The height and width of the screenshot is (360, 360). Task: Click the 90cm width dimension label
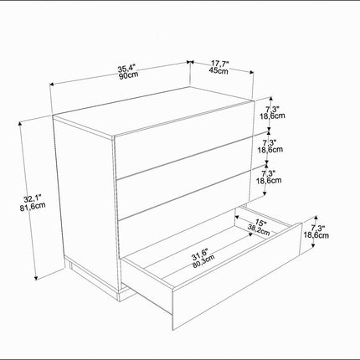point(129,75)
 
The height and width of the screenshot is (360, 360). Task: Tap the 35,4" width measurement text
point(126,69)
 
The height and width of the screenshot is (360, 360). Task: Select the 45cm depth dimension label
point(219,70)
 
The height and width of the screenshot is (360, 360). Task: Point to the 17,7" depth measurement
point(220,64)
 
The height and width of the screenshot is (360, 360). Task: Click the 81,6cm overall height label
point(33,206)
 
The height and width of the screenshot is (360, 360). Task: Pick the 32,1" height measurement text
point(32,199)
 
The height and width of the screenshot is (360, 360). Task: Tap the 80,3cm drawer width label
point(203,261)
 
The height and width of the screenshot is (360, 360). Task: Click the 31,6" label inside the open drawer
point(199,254)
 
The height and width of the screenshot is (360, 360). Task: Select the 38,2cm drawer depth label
point(259,230)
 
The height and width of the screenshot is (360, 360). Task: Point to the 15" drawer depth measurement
point(261,224)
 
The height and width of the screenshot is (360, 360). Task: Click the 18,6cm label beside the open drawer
point(316,235)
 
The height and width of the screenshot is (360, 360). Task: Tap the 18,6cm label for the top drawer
point(273,116)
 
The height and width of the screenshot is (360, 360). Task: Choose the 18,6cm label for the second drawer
point(270,150)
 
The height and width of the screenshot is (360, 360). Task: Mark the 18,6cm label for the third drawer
point(269,180)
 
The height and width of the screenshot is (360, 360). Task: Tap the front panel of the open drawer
point(237,276)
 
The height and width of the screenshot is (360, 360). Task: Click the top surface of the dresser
point(153,111)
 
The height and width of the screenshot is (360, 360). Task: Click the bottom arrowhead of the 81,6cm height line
point(36,278)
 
